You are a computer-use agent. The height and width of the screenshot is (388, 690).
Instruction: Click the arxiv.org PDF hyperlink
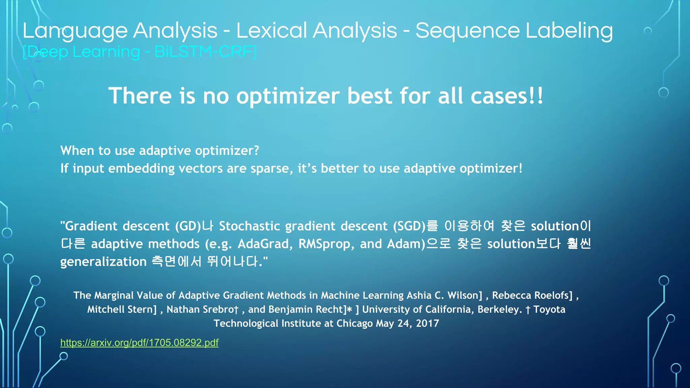[x=139, y=343]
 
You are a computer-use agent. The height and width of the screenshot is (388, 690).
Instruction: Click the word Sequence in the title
[x=468, y=31]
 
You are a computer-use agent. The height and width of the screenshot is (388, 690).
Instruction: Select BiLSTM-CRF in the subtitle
[x=205, y=52]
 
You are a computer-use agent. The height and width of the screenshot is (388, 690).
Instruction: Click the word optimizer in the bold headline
[x=288, y=96]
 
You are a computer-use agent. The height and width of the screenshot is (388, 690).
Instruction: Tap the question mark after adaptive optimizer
[x=256, y=151]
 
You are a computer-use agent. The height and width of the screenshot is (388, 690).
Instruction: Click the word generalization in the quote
[x=103, y=262]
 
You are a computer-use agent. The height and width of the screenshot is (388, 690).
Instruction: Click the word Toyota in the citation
[x=549, y=309]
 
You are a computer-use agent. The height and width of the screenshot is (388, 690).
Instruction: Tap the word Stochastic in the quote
[x=249, y=226]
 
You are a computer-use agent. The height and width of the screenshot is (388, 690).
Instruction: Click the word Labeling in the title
[x=569, y=31]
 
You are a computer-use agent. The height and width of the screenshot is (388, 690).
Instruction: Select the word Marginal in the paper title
[x=114, y=295]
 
